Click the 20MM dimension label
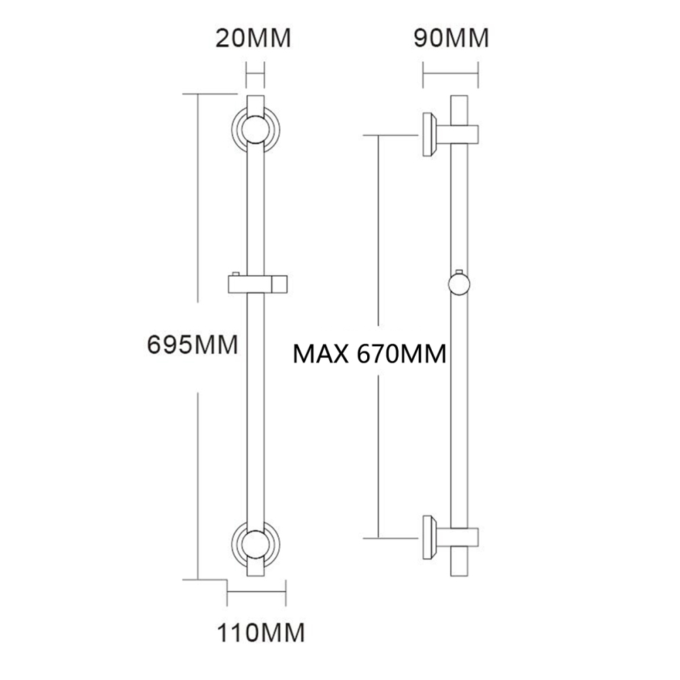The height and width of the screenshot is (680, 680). pyautogui.click(x=253, y=38)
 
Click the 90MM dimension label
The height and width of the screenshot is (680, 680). pyautogui.click(x=451, y=38)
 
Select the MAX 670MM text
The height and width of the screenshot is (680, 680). pyautogui.click(x=369, y=354)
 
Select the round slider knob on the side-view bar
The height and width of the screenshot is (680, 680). pyautogui.click(x=460, y=283)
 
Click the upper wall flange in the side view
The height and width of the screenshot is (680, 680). pyautogui.click(x=430, y=133)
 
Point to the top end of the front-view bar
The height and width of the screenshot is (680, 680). pyautogui.click(x=254, y=98)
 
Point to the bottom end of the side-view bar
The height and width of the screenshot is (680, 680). pyautogui.click(x=459, y=575)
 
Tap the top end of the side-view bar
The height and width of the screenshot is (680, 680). pyautogui.click(x=459, y=99)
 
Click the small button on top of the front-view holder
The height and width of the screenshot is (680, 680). pyautogui.click(x=235, y=274)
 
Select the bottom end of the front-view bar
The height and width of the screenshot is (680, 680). pyautogui.click(x=254, y=575)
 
